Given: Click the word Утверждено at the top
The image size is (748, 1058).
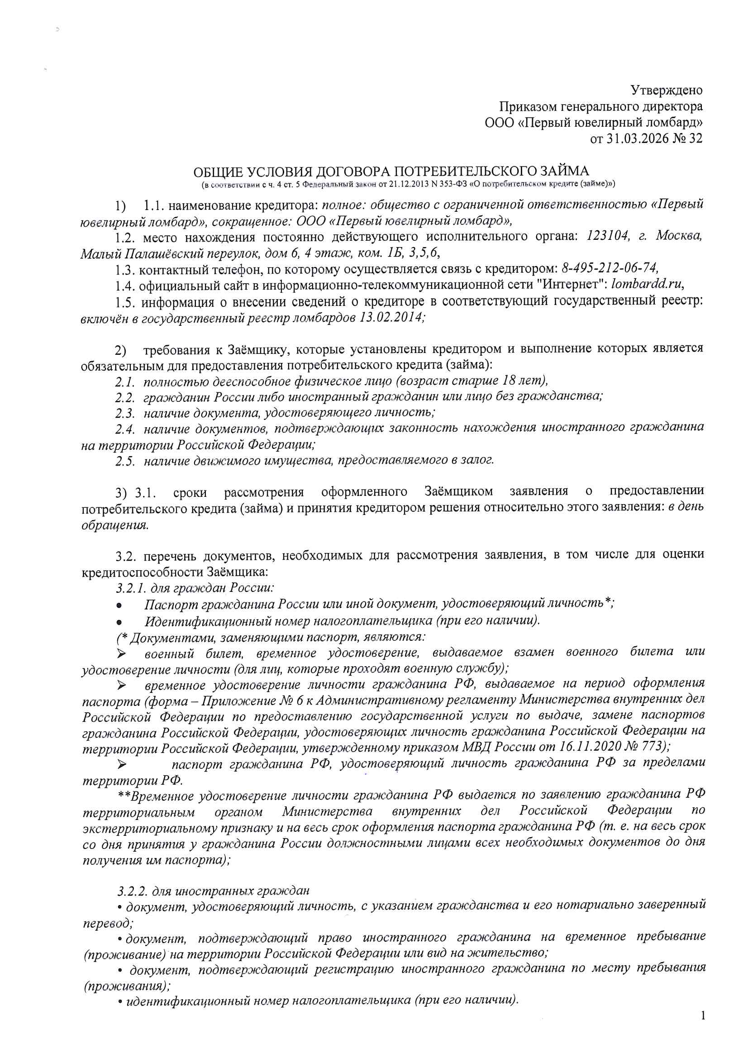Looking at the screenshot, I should click(x=666, y=90).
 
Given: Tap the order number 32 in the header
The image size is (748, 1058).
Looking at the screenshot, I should click(x=695, y=139).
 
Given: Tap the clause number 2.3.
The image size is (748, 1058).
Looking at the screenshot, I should click(x=124, y=412).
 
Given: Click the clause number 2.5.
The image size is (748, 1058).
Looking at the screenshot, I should click(x=124, y=461).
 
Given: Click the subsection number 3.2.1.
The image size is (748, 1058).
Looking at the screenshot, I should click(x=131, y=588).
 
